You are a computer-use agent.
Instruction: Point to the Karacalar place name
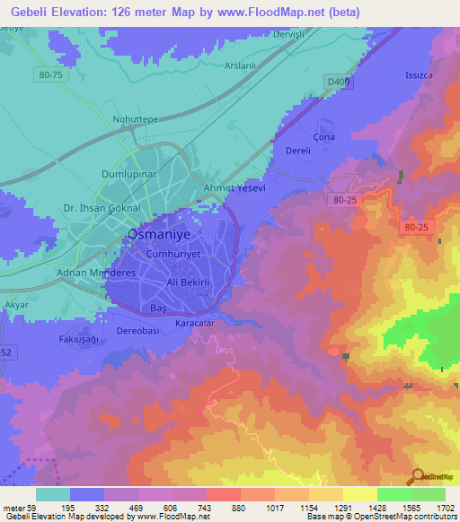194,323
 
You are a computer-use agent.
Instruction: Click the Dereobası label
138,330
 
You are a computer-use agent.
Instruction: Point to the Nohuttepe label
136,118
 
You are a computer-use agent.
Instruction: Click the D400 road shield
337,82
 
